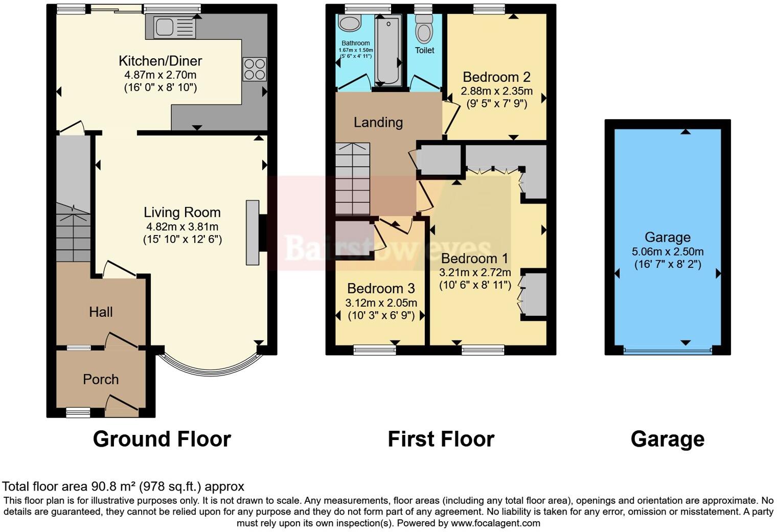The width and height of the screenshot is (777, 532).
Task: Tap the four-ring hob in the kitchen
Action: click(255, 69)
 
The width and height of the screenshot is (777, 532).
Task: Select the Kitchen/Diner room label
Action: click(160, 61)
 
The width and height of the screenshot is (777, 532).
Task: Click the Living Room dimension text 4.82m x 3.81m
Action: click(182, 226)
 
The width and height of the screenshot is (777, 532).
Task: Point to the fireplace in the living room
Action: click(253, 233)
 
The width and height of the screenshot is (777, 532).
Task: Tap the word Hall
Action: click(101, 312)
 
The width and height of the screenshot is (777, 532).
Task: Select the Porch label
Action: click(101, 379)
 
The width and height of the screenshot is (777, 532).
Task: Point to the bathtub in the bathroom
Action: click(388, 50)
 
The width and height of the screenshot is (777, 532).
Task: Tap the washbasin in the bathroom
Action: click(350, 24)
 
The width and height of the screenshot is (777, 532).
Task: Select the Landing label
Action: click(378, 122)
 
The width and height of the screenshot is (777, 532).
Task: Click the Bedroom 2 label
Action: click(496, 77)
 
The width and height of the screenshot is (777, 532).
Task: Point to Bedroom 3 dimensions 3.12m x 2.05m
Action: click(381, 303)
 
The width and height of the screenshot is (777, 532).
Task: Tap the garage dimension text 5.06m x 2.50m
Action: click(668, 251)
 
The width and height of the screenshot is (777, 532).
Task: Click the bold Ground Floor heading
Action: click(162, 439)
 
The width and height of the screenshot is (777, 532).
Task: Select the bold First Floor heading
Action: click(441, 439)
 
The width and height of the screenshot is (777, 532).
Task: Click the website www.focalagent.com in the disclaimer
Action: click(495, 523)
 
